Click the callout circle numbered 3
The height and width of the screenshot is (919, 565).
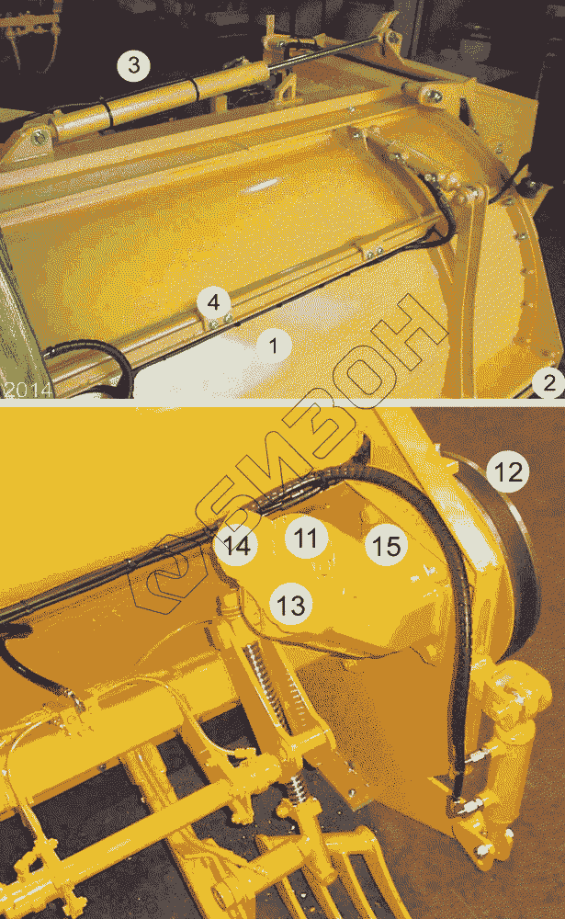[133, 65]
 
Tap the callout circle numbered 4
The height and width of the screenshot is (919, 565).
[213, 302]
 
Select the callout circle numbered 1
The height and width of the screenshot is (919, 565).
[273, 346]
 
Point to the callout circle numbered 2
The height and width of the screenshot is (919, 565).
[548, 383]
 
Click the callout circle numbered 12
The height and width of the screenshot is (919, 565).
[507, 471]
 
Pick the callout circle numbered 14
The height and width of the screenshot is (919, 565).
[236, 546]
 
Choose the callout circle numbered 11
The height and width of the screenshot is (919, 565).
[306, 538]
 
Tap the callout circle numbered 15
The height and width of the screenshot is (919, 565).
[386, 545]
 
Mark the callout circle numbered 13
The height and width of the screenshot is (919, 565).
[290, 605]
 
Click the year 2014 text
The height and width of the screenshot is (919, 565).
[27, 390]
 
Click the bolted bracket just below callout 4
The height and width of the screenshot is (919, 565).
[219, 321]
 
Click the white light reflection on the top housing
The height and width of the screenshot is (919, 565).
[259, 187]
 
